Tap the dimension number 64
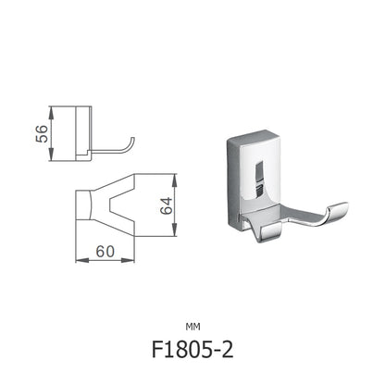[168, 205]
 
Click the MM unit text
[192, 325]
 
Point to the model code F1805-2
[192, 353]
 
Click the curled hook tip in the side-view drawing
[133, 142]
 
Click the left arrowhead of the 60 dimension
[78, 259]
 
